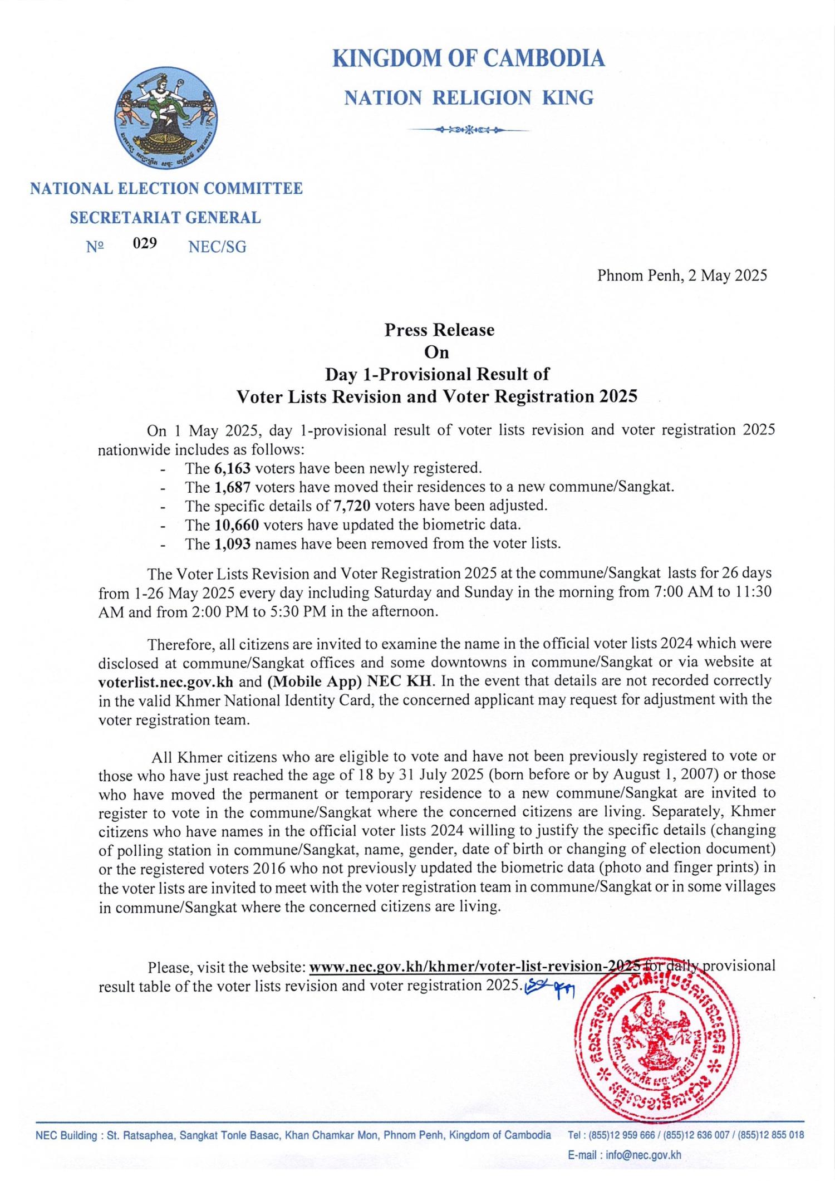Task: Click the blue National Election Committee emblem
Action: [166, 118]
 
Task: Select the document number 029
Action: [145, 243]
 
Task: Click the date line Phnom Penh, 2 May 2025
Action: [682, 276]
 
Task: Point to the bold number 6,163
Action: [232, 468]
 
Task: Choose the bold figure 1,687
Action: [232, 487]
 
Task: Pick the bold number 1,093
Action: [232, 543]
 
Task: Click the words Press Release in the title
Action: [439, 330]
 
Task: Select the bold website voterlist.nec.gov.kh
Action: [165, 681]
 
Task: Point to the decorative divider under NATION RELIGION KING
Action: [468, 130]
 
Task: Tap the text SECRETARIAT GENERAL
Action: [165, 218]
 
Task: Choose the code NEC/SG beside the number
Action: [217, 247]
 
